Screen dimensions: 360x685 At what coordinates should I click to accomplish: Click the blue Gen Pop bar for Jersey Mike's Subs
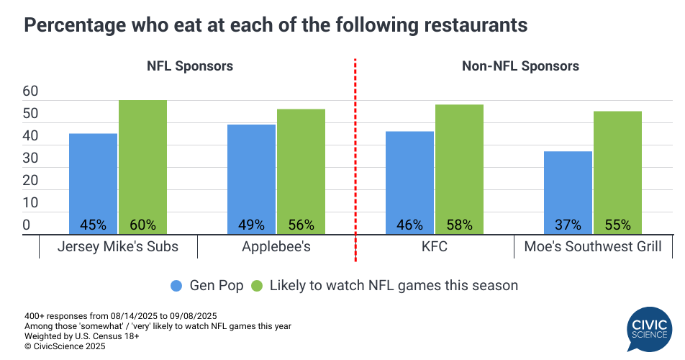[93, 184]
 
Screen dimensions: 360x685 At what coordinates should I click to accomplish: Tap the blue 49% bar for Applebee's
[251, 179]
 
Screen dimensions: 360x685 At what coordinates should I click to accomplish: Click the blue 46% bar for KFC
[409, 183]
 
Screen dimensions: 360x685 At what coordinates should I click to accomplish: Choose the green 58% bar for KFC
[459, 169]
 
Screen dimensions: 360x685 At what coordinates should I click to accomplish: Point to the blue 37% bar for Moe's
[568, 193]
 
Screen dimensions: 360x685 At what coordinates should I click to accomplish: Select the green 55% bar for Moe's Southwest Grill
[617, 173]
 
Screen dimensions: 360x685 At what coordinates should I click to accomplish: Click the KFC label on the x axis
[434, 247]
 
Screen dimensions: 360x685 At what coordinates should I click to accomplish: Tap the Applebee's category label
[276, 247]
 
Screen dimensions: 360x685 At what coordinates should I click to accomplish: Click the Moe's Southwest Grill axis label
[592, 247]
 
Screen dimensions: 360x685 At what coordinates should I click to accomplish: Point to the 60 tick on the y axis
[31, 91]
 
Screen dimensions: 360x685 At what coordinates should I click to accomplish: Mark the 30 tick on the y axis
[31, 158]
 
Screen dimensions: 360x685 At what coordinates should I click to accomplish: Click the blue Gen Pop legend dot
[176, 286]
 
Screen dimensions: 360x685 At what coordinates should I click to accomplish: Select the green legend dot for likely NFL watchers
[256, 286]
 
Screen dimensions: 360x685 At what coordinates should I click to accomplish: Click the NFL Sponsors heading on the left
[189, 66]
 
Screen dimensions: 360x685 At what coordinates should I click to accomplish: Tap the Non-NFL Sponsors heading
[520, 66]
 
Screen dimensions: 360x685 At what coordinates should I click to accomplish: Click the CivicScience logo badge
[648, 328]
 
